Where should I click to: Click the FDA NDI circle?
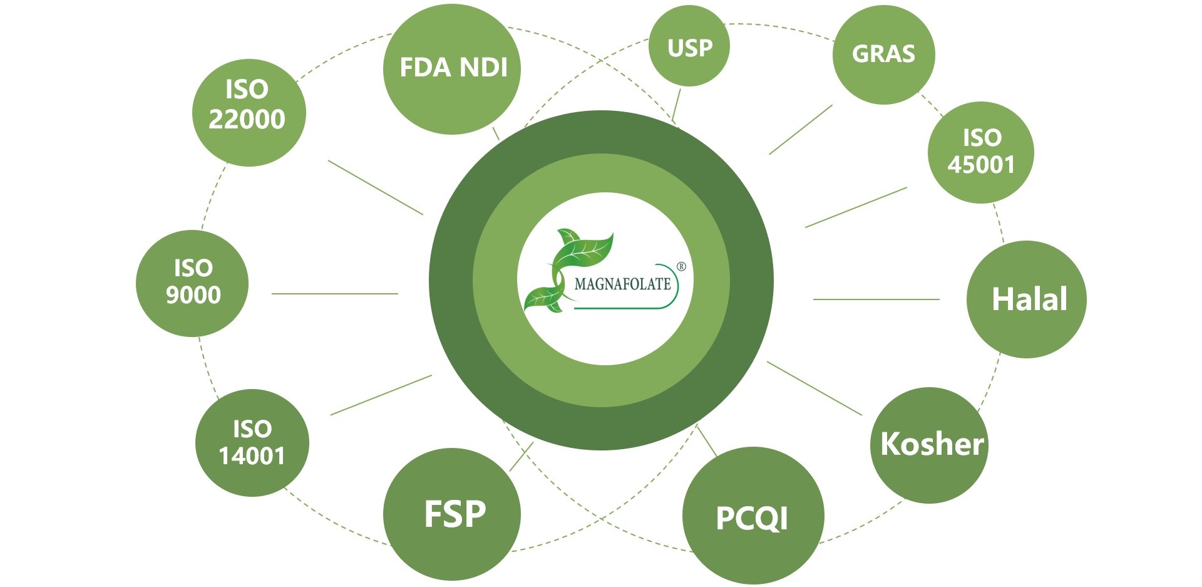click(452, 69)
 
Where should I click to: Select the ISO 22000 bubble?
click(248, 113)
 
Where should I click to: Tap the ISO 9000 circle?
click(192, 283)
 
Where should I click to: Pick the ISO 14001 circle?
click(252, 443)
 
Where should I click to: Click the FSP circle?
click(452, 514)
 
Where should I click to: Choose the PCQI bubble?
click(753, 517)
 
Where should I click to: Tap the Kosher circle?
click(930, 445)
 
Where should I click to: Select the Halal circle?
click(1027, 299)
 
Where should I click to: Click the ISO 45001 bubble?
click(980, 152)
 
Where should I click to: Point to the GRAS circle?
click(883, 55)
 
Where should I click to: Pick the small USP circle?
click(689, 48)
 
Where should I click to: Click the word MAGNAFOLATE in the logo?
click(622, 284)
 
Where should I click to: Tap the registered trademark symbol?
click(682, 267)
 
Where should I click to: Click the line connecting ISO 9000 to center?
click(335, 293)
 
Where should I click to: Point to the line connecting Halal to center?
click(876, 299)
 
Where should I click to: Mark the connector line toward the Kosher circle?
click(814, 388)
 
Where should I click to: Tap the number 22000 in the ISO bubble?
click(247, 119)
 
